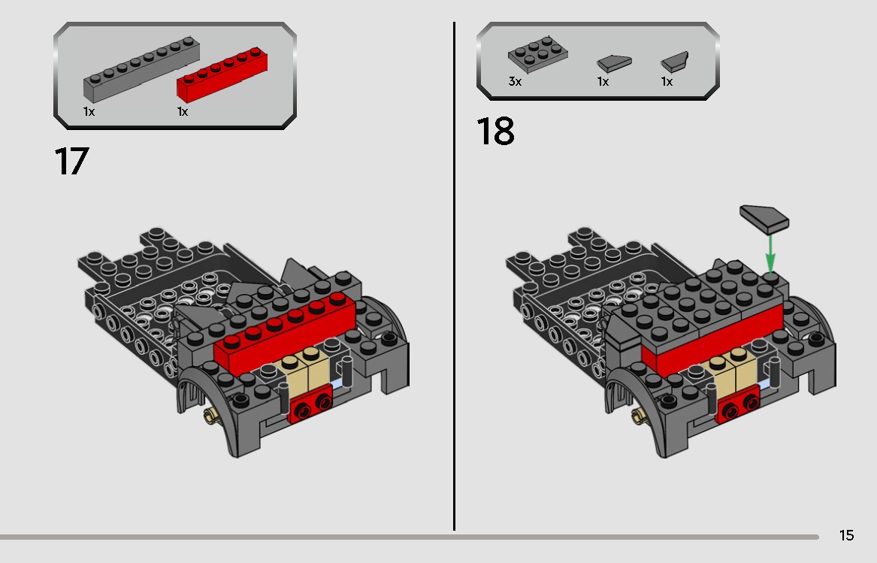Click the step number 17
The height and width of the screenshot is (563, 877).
[71, 162]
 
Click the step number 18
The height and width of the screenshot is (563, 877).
[495, 132]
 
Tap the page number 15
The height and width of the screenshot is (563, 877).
[846, 536]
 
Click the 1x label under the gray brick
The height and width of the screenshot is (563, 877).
[89, 111]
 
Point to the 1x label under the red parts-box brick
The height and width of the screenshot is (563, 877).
[183, 111]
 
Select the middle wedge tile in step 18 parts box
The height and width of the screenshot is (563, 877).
[614, 63]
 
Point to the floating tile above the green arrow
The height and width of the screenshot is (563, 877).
[764, 219]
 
